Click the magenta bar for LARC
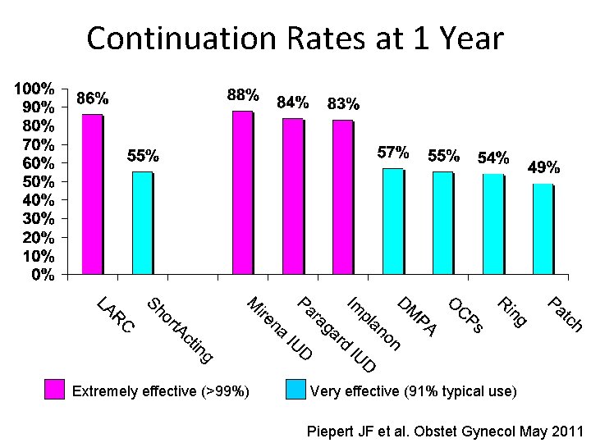click(92, 194)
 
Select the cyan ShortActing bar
click(142, 222)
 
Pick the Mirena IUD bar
click(242, 192)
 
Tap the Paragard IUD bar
click(292, 196)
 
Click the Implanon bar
click(342, 197)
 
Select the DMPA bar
click(392, 221)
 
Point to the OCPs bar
click(442, 222)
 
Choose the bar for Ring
click(492, 223)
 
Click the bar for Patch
click(543, 229)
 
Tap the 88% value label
click(243, 95)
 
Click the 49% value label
click(543, 167)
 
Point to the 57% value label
click(393, 153)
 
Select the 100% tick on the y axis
click(38, 88)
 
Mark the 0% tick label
click(44, 275)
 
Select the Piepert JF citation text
click(443, 432)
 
